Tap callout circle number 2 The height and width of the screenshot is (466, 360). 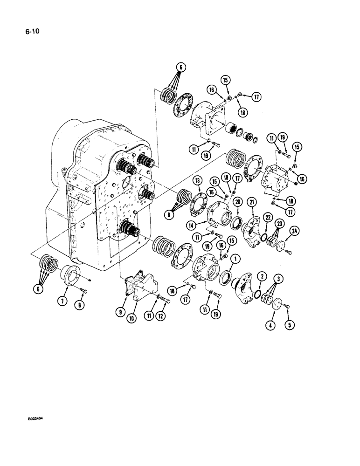pyautogui.click(x=263, y=277)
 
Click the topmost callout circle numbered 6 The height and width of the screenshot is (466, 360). pyautogui.click(x=180, y=68)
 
